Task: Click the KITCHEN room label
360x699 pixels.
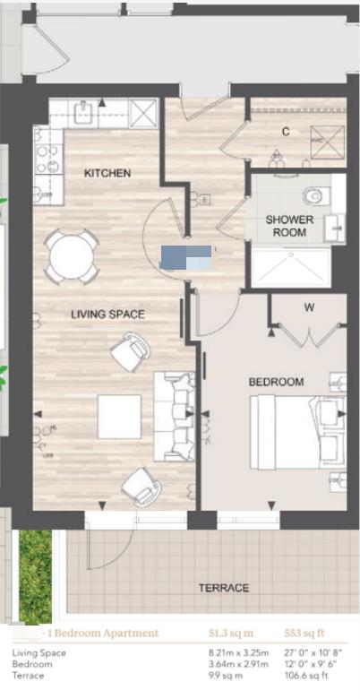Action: (x=107, y=173)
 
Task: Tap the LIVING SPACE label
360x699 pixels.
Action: (x=108, y=314)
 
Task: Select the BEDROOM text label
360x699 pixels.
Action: (x=276, y=382)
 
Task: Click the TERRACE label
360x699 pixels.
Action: (x=224, y=588)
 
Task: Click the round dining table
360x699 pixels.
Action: (x=73, y=257)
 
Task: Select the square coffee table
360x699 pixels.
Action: (x=119, y=416)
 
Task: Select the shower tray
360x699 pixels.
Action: (x=292, y=268)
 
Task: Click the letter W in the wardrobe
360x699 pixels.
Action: (x=309, y=308)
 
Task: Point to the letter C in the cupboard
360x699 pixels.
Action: (x=286, y=132)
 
